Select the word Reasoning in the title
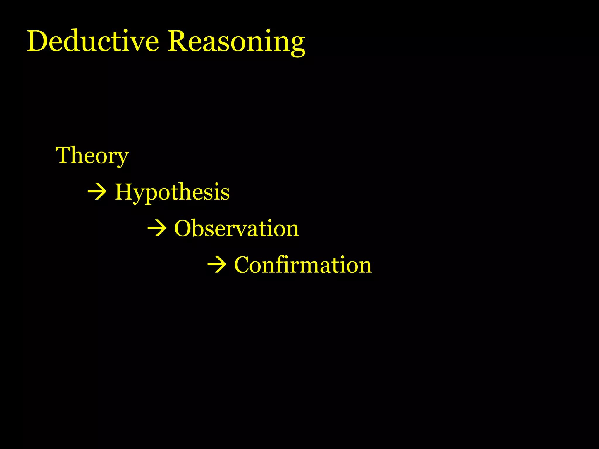pos(236,42)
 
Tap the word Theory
pos(92,156)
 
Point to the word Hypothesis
pos(172,192)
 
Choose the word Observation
pos(237,228)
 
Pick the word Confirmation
pos(303,265)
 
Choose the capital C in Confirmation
pos(243,265)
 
